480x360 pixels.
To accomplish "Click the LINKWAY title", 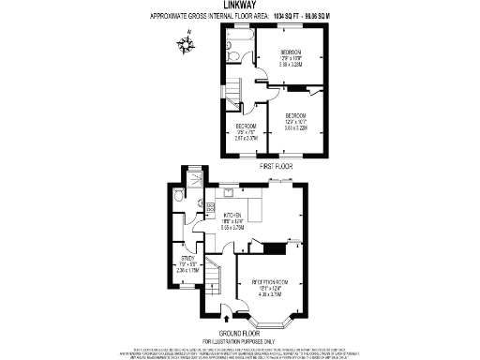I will click(x=239, y=6).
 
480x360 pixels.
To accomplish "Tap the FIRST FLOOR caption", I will click(x=277, y=165).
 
